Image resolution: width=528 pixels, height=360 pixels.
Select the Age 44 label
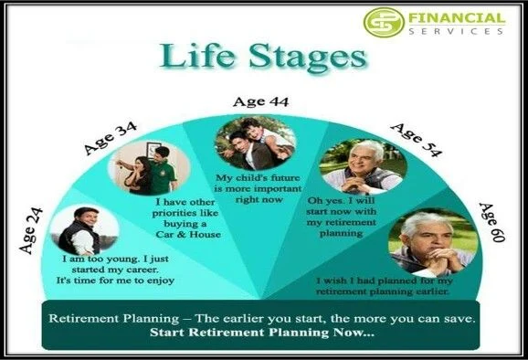(260, 102)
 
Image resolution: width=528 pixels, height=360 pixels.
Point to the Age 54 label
(416, 138)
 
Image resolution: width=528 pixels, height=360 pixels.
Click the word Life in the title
(196, 58)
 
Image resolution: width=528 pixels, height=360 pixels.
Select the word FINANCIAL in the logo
(457, 17)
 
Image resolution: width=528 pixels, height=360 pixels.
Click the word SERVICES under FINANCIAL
(457, 31)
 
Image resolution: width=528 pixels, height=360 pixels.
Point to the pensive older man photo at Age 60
(428, 241)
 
